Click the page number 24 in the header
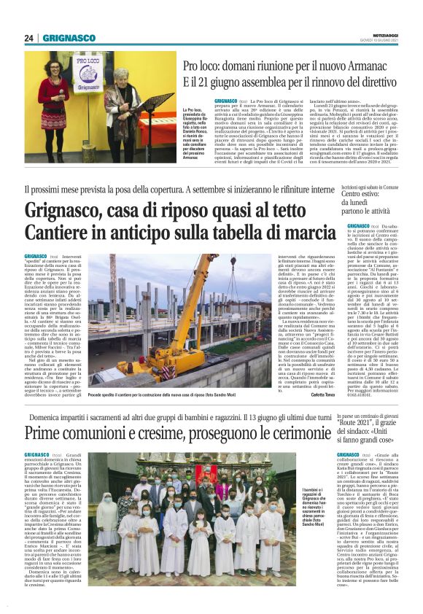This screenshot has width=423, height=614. coord(29,38)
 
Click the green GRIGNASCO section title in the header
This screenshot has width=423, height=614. coord(69,38)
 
